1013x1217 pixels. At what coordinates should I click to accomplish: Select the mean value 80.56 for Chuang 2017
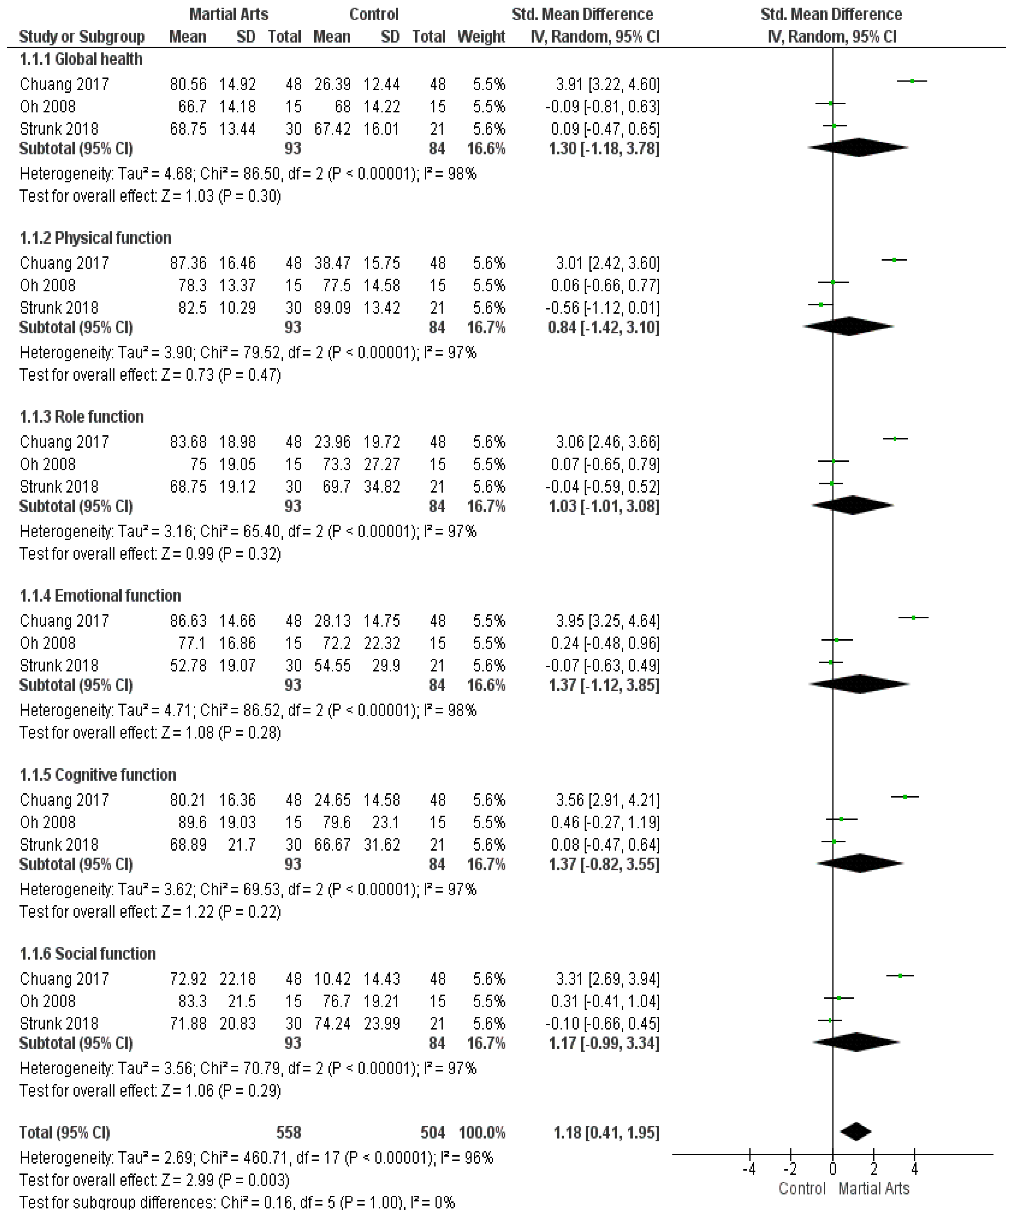click(188, 85)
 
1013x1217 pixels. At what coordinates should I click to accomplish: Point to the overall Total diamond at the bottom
click(855, 1132)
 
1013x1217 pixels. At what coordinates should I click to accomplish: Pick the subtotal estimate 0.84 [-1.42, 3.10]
click(603, 327)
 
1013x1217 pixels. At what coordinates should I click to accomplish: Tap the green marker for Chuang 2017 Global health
click(912, 81)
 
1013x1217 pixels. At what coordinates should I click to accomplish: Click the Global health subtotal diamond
click(858, 148)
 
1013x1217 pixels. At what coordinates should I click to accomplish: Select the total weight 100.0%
click(481, 1132)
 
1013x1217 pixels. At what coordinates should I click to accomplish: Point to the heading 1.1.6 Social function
click(87, 954)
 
